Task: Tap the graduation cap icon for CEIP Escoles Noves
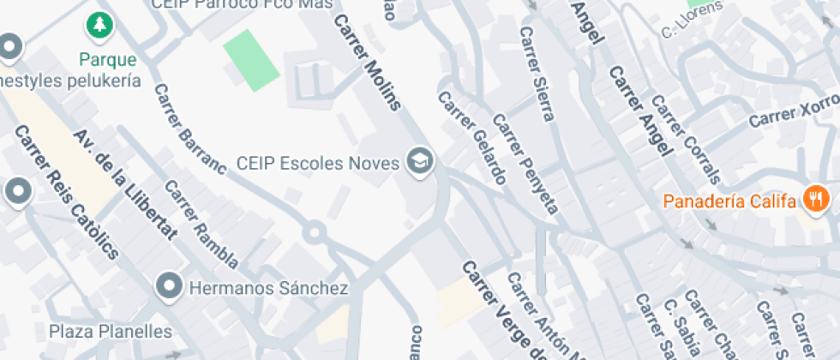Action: pyautogui.click(x=420, y=159)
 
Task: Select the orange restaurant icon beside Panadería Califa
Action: pyautogui.click(x=813, y=201)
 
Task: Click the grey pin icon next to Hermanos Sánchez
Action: pyautogui.click(x=170, y=286)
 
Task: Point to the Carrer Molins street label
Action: pyautogui.click(x=368, y=63)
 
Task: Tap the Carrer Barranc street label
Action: pyautogui.click(x=189, y=129)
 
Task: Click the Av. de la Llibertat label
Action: pyautogui.click(x=125, y=183)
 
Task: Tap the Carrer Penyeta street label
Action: pyautogui.click(x=525, y=165)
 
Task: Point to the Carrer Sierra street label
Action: pyautogui.click(x=537, y=74)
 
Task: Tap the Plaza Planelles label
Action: pyautogui.click(x=110, y=331)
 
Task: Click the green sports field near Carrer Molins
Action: pyautogui.click(x=252, y=60)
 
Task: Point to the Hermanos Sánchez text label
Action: pyautogui.click(x=269, y=287)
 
